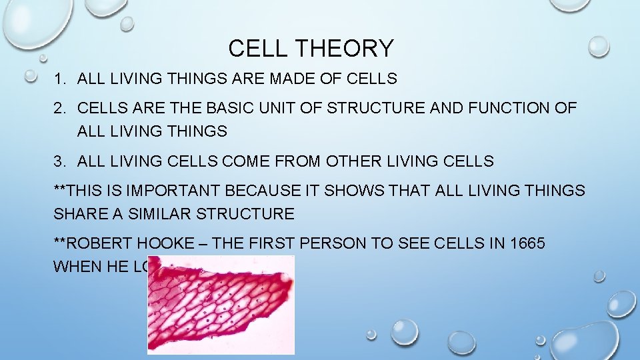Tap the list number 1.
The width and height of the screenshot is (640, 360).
(x=59, y=79)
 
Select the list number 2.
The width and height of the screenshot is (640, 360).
(x=59, y=107)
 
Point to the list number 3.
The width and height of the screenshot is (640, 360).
(x=59, y=161)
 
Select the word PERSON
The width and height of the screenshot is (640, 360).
(x=336, y=243)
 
